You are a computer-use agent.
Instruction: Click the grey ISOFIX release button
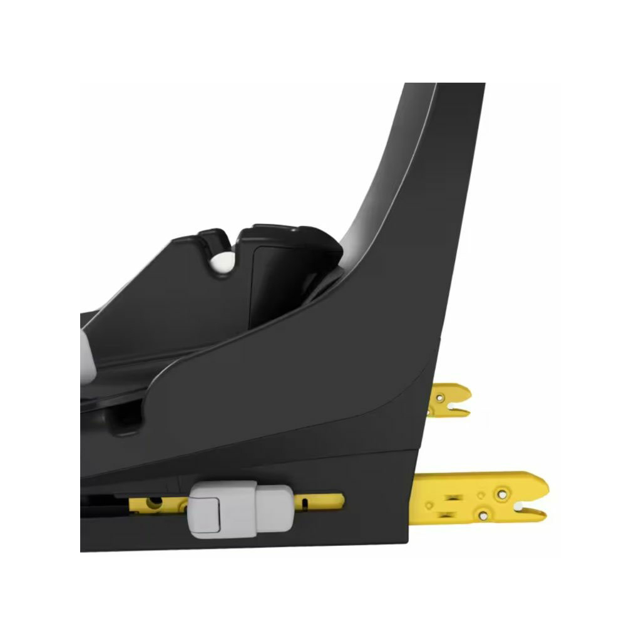240,508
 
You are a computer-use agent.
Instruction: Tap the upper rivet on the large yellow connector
502,494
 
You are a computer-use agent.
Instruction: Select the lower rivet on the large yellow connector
483,515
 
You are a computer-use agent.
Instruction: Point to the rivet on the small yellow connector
440,397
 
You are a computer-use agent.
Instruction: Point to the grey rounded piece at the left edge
87,354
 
